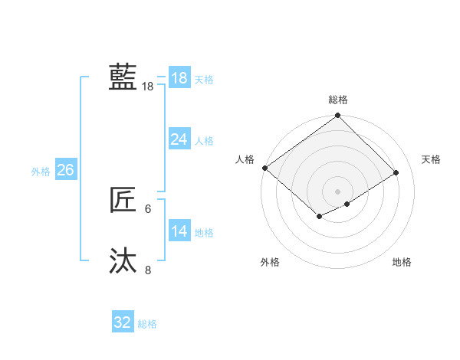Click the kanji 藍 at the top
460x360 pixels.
click(x=123, y=77)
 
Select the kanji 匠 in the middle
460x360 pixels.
click(x=123, y=201)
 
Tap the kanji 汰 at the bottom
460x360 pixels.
click(x=123, y=260)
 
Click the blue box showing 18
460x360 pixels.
click(x=179, y=77)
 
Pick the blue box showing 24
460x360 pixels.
click(x=179, y=139)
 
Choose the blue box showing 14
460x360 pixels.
click(x=179, y=231)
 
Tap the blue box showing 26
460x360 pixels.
click(x=65, y=170)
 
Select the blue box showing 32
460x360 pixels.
click(x=123, y=322)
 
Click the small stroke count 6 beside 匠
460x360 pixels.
click(x=148, y=208)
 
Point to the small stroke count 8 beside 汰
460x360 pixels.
click(x=148, y=269)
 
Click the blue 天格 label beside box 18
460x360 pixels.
click(x=204, y=80)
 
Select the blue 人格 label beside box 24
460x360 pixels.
click(x=204, y=141)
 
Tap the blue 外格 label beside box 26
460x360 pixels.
click(x=41, y=172)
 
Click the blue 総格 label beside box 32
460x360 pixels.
click(x=147, y=324)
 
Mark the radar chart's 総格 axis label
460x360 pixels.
click(x=338, y=100)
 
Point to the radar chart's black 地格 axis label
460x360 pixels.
click(x=402, y=262)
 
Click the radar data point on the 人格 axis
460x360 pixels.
click(x=264, y=168)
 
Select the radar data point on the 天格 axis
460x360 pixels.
click(x=396, y=172)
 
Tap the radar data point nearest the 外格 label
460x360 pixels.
click(x=318, y=217)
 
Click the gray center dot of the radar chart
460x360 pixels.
click(x=337, y=191)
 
